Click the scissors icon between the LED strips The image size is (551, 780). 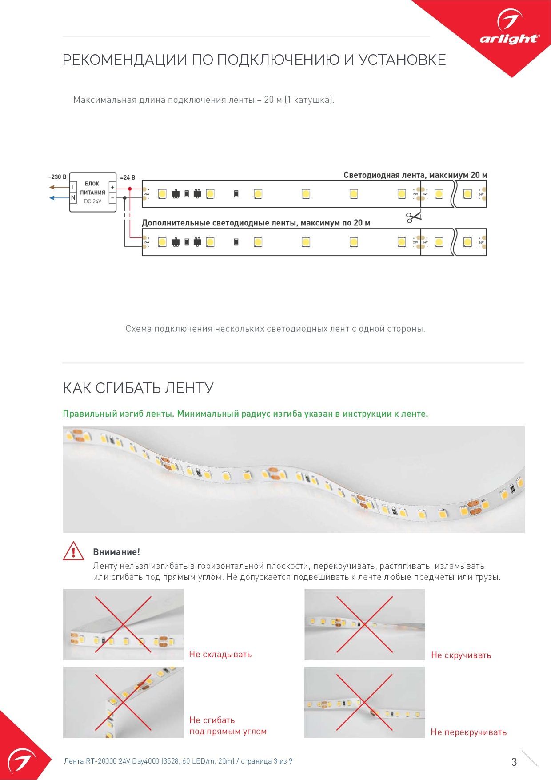click(x=413, y=217)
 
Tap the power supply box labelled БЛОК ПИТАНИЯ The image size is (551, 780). click(x=92, y=192)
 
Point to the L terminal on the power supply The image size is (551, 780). click(x=73, y=187)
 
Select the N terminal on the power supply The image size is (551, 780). click(x=73, y=197)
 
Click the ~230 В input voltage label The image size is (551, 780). click(x=57, y=177)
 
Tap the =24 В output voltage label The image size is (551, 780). click(x=128, y=177)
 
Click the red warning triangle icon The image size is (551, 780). click(x=73, y=551)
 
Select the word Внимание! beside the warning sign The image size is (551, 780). click(x=116, y=552)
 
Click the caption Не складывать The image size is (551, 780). click(x=220, y=654)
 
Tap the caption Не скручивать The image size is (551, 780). click(x=461, y=655)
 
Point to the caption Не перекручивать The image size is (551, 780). click(x=468, y=732)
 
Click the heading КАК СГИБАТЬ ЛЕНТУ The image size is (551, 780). click(x=138, y=388)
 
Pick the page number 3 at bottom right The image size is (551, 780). click(x=514, y=762)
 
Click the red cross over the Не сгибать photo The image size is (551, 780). click(x=123, y=703)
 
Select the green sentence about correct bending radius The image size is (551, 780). click(x=245, y=414)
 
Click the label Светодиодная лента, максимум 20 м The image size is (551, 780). click(x=415, y=175)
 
